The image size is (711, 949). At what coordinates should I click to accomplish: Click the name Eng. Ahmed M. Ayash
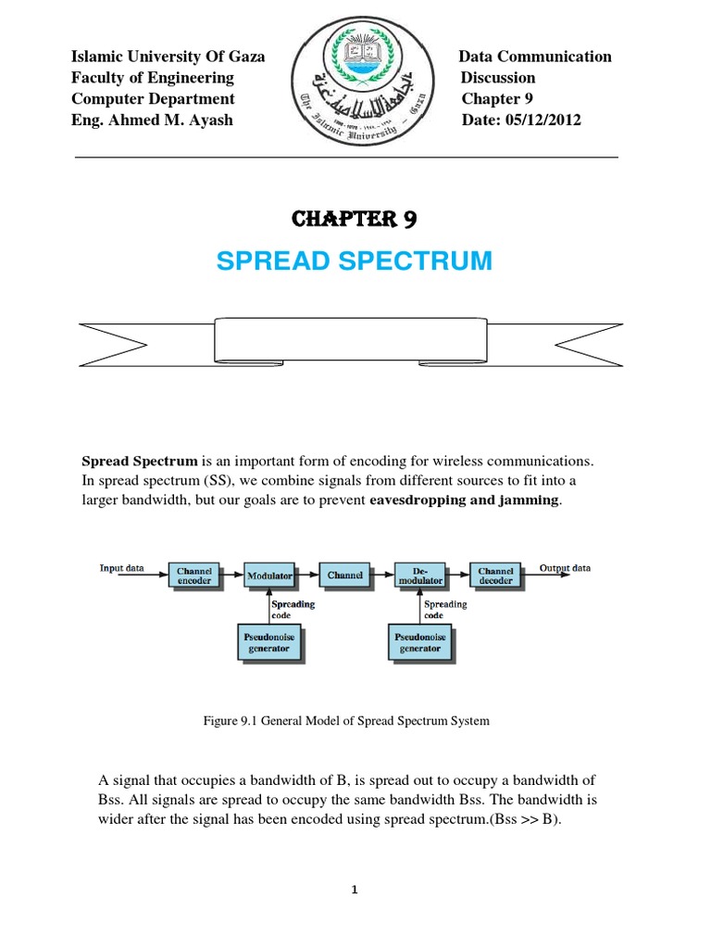pos(152,120)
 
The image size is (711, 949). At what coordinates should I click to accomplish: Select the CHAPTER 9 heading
pos(355,220)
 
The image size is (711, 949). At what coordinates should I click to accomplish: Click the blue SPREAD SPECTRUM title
pos(355,261)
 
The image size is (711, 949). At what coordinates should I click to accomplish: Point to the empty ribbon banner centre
pos(355,340)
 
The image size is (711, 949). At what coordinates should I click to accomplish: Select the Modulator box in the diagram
pos(269,576)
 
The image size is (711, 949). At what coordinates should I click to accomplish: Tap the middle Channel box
pos(344,576)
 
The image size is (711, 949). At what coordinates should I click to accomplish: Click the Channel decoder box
pos(495,576)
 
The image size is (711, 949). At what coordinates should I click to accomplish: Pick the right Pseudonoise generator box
pos(419,643)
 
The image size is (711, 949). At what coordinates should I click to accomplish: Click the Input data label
pos(121,568)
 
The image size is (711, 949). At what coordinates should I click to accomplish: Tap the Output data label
pos(565,568)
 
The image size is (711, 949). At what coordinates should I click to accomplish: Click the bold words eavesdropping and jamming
pos(464,500)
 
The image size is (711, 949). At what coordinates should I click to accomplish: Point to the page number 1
pos(355,890)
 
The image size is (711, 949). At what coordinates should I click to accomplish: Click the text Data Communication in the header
pos(535,57)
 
